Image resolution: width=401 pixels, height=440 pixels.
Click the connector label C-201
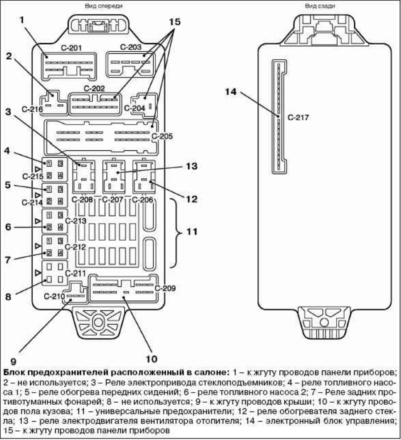pyautogui.click(x=71, y=48)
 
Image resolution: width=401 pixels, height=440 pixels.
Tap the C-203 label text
pyautogui.click(x=131, y=47)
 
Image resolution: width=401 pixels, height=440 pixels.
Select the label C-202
pyautogui.click(x=94, y=88)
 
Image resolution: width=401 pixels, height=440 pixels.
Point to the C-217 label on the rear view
pyautogui.click(x=299, y=118)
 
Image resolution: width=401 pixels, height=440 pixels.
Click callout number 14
pyautogui.click(x=230, y=91)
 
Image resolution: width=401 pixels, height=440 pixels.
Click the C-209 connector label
pyautogui.click(x=165, y=288)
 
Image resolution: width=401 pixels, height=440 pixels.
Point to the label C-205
pyautogui.click(x=163, y=136)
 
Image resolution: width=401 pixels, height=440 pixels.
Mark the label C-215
pyautogui.click(x=32, y=176)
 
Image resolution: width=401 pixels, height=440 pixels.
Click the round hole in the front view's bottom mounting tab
pyautogui.click(x=97, y=322)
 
